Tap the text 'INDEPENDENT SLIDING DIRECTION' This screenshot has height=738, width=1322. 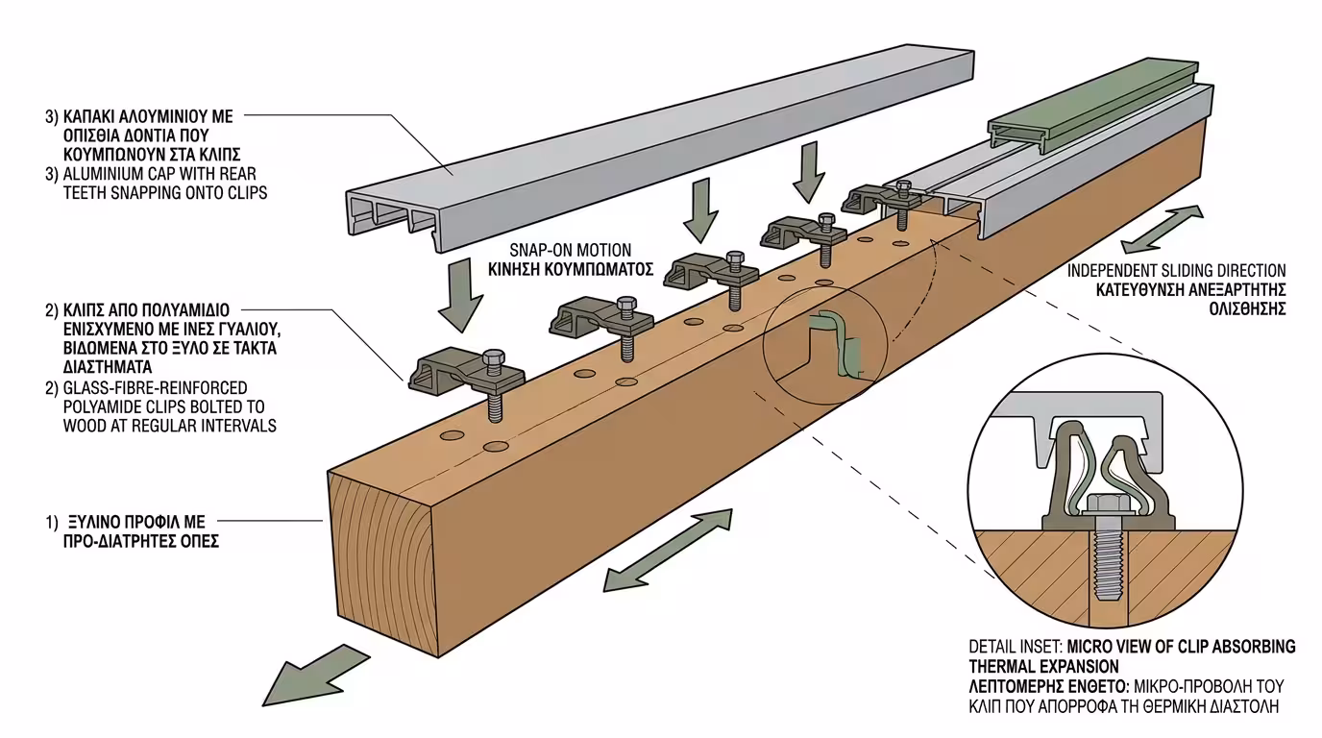[x=1176, y=271]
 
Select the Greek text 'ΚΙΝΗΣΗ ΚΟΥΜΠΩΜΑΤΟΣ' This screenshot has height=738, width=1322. [x=582, y=269]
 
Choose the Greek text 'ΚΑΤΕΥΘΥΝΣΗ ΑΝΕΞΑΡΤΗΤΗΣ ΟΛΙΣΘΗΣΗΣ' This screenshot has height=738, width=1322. [x=1176, y=299]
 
